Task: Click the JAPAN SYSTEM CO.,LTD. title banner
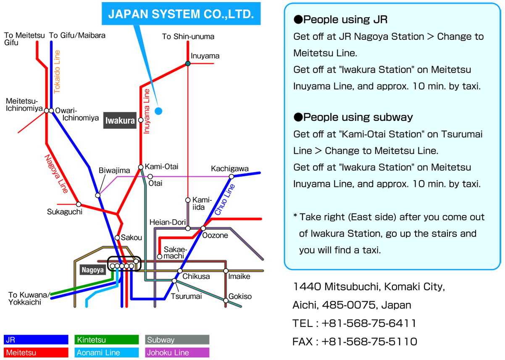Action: pos(181,13)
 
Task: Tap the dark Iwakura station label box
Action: pos(120,121)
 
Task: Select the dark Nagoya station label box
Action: pos(93,270)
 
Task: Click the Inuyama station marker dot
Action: pos(188,63)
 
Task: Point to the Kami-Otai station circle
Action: pos(141,167)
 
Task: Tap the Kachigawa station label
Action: pos(229,168)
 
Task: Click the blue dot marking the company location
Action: pos(158,111)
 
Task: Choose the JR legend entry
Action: pos(36,339)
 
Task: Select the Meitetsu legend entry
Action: pos(36,352)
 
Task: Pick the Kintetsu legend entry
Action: pos(107,339)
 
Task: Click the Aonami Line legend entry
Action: pos(107,352)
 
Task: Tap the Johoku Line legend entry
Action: pos(177,352)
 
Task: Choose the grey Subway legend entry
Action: pos(177,339)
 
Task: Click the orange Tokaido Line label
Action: pos(57,72)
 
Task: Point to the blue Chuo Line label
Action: pos(224,200)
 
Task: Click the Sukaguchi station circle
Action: pos(79,204)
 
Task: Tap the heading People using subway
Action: pos(353,117)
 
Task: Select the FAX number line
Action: pos(355,342)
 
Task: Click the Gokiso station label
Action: pos(240,296)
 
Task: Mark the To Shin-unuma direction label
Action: pos(188,37)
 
